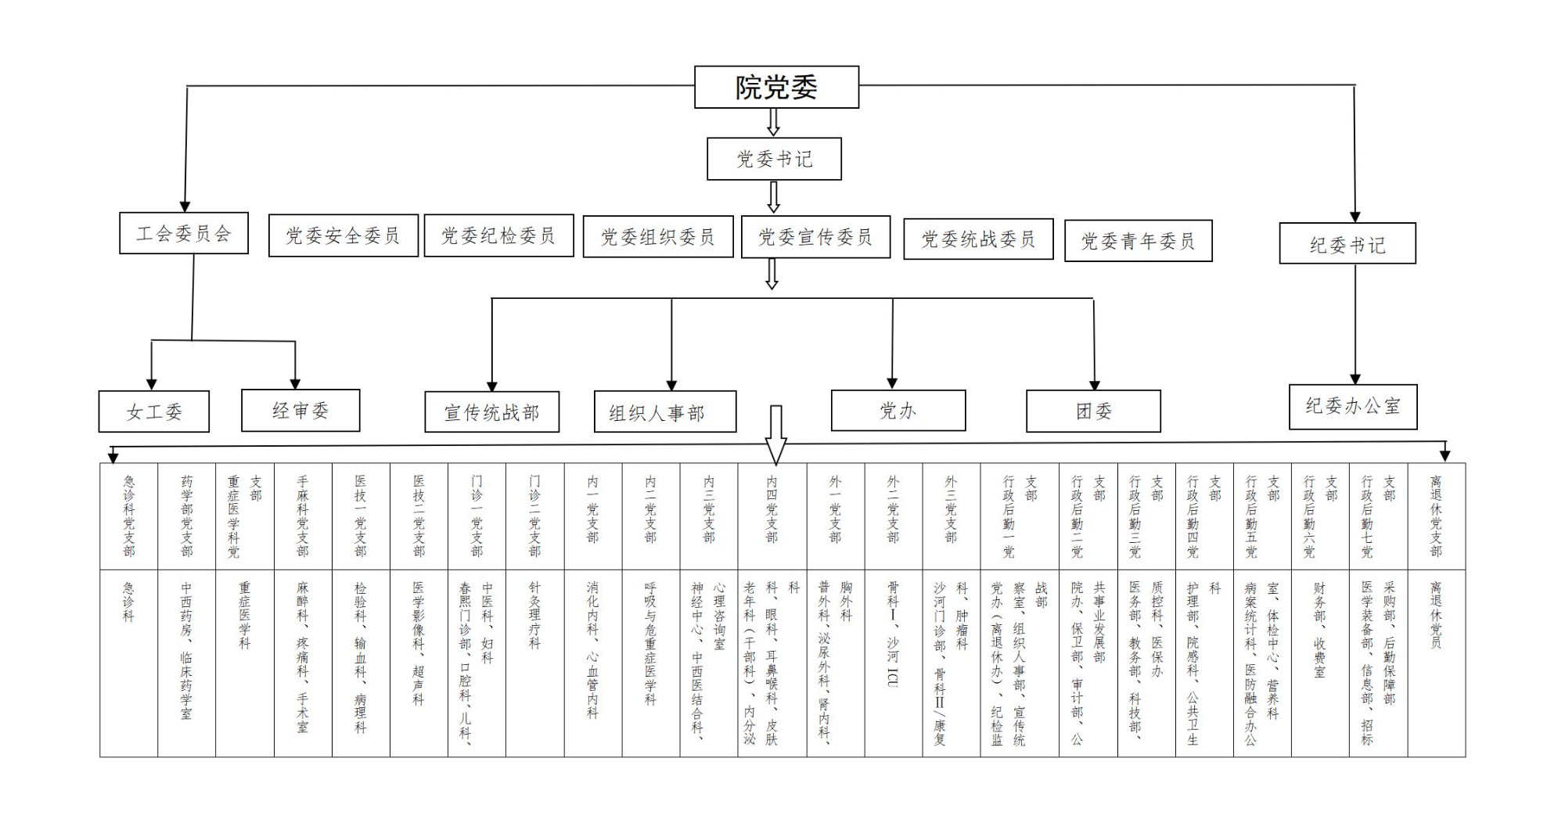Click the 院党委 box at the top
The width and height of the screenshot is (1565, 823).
click(x=776, y=87)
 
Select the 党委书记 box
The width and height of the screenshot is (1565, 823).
click(x=774, y=159)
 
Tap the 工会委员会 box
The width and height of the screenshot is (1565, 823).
click(x=184, y=233)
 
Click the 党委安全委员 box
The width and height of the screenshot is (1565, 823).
click(x=343, y=235)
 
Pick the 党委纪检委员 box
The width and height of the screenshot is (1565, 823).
click(x=498, y=235)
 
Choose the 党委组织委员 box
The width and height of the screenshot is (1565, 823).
click(x=657, y=237)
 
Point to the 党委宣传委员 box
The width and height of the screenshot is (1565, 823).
click(x=815, y=237)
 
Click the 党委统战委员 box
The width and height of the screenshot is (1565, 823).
click(x=978, y=239)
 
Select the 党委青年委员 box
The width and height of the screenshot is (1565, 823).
click(x=1138, y=241)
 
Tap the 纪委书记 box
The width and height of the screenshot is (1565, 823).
click(x=1347, y=244)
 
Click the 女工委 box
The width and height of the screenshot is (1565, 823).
click(x=154, y=411)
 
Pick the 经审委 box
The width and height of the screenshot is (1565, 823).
click(x=300, y=410)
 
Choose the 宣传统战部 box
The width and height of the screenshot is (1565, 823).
click(x=491, y=412)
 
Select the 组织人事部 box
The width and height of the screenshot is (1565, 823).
click(x=665, y=412)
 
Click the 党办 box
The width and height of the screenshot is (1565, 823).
click(x=898, y=410)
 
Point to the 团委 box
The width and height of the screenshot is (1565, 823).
click(x=1093, y=411)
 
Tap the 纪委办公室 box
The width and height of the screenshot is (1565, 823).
click(x=1353, y=406)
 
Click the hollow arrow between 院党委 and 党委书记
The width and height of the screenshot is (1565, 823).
click(x=773, y=122)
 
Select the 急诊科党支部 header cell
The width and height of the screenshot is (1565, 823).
click(x=128, y=516)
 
